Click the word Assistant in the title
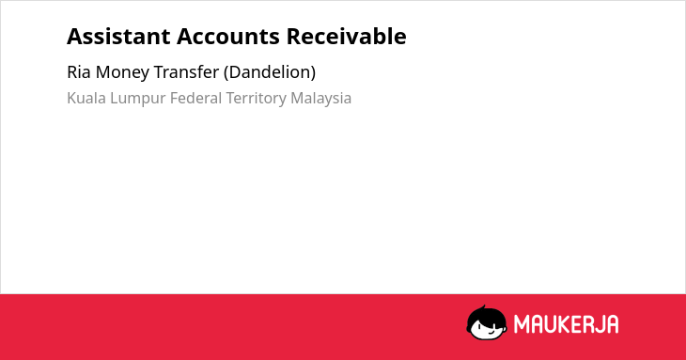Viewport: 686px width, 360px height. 118,37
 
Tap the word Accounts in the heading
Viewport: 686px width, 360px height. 228,37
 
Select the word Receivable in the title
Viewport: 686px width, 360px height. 346,37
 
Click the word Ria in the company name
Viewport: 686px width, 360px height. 79,72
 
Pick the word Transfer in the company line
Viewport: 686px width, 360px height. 186,72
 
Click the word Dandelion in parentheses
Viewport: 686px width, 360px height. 270,72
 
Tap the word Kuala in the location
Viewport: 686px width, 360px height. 86,98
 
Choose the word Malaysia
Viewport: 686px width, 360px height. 320,99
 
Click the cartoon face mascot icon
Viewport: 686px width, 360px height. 487,322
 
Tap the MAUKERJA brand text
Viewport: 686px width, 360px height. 566,324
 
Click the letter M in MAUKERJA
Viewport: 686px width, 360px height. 521,324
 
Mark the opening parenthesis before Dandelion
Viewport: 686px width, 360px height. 226,72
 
